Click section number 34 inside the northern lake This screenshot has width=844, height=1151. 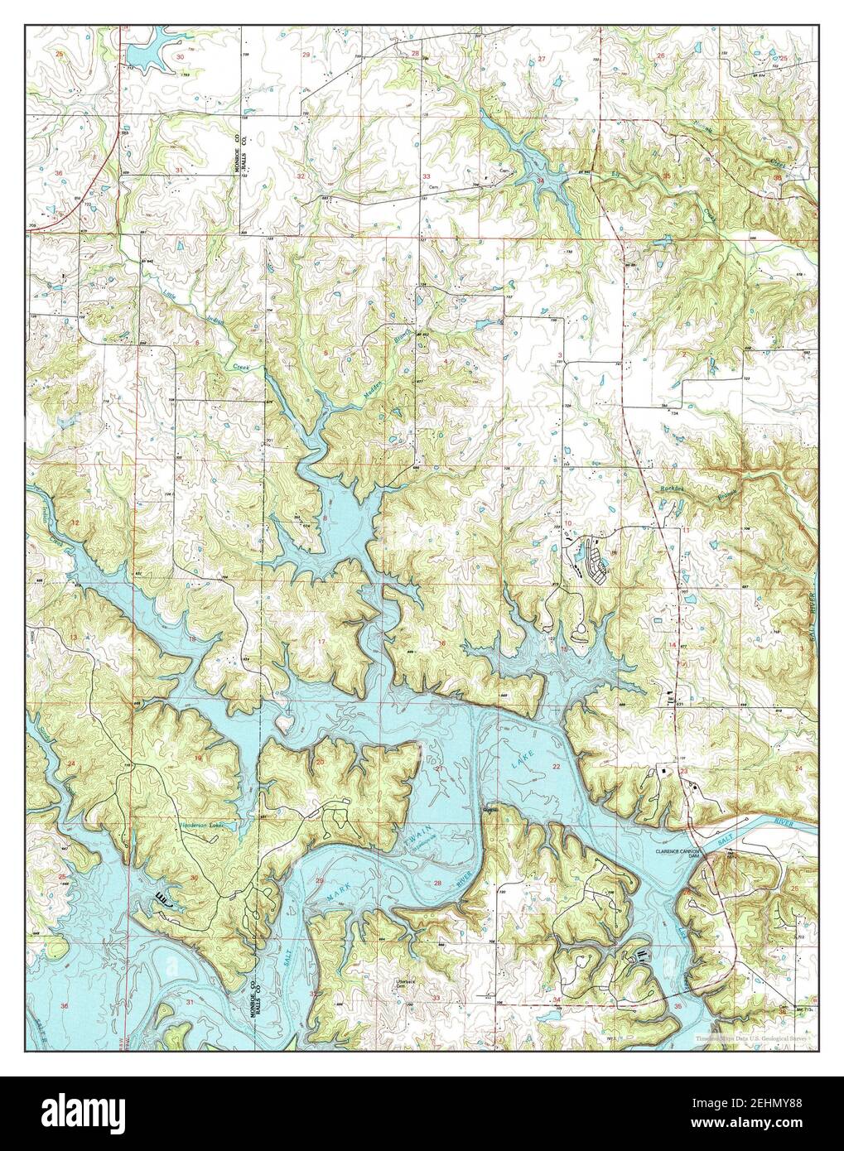541,179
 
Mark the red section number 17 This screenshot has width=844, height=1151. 321,643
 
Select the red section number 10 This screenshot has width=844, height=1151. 568,523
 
